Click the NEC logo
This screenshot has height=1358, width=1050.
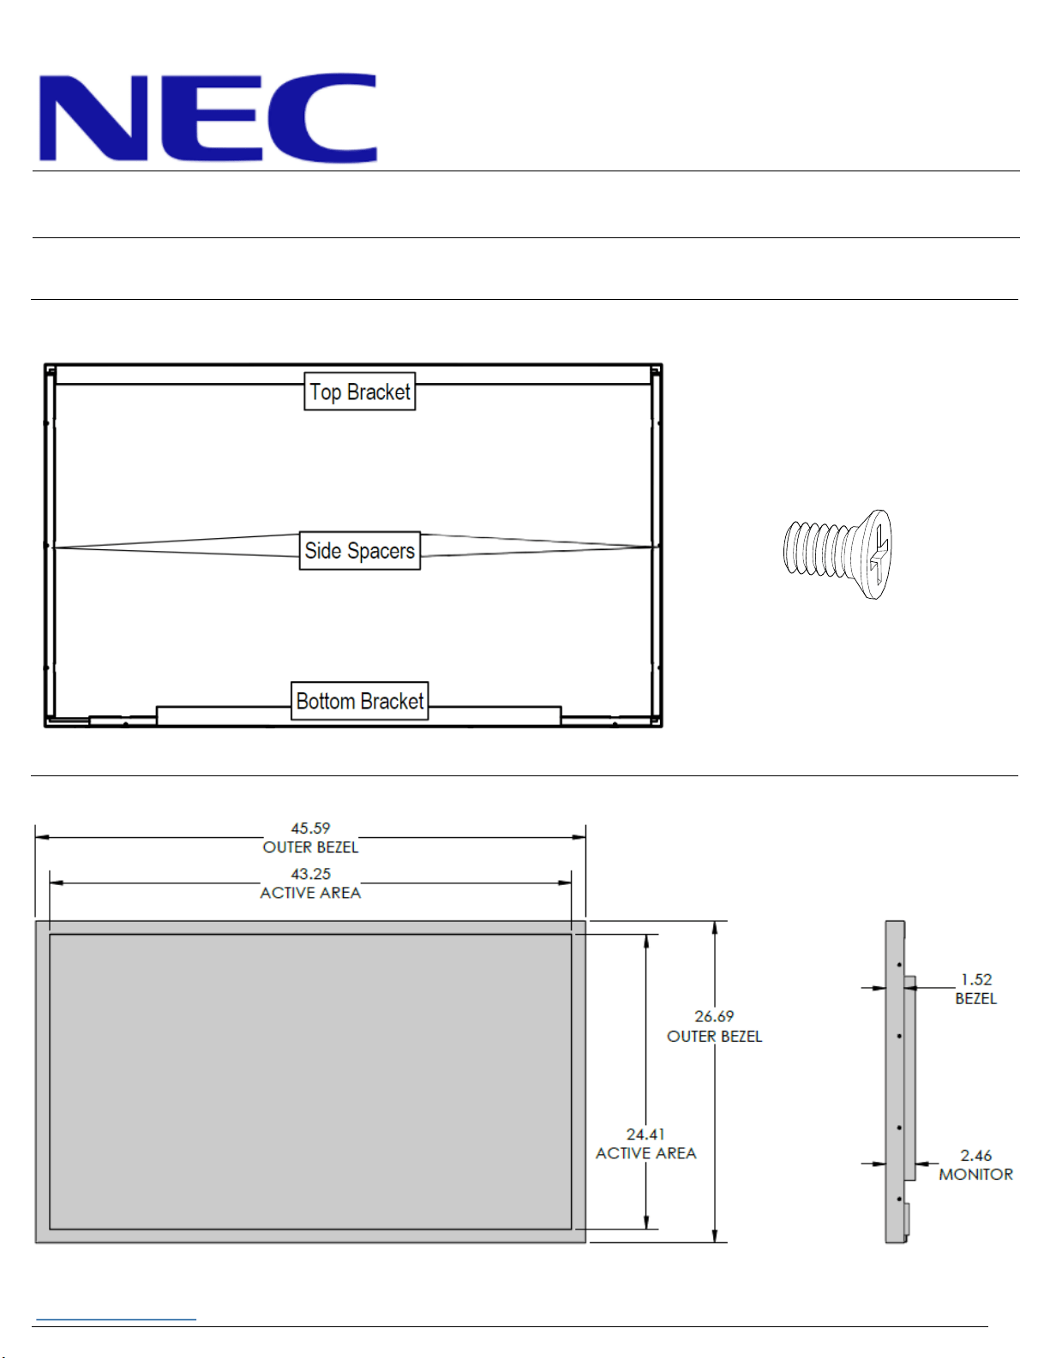click(207, 117)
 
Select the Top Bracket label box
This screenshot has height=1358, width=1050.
click(360, 392)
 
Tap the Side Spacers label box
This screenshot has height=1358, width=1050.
click(360, 551)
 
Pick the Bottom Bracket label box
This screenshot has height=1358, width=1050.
click(360, 701)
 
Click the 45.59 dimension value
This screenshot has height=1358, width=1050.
click(310, 828)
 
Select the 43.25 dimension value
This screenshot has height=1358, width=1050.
click(310, 874)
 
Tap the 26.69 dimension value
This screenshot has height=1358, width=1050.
click(714, 1016)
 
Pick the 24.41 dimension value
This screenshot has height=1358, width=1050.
click(645, 1134)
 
